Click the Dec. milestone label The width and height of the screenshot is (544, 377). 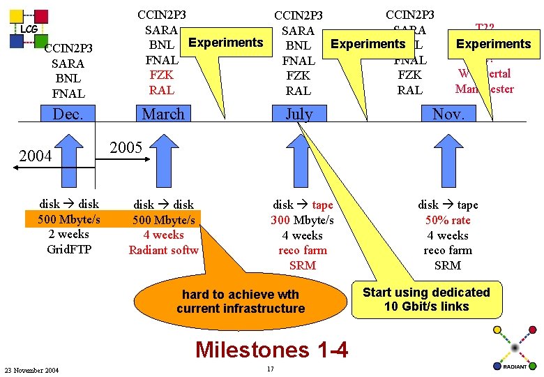pyautogui.click(x=68, y=114)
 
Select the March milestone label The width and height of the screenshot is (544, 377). pyautogui.click(x=163, y=114)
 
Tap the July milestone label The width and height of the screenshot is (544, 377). pyautogui.click(x=299, y=114)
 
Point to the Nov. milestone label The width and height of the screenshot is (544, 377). pyautogui.click(x=448, y=114)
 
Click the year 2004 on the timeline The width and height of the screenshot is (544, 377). pyautogui.click(x=35, y=155)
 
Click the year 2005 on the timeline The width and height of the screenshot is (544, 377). pyautogui.click(x=126, y=147)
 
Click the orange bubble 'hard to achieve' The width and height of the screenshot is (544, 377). pyautogui.click(x=241, y=301)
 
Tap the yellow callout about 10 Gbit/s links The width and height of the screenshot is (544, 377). pyautogui.click(x=426, y=299)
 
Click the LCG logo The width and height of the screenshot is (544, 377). pyautogui.click(x=29, y=29)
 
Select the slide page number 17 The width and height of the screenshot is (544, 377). pyautogui.click(x=270, y=369)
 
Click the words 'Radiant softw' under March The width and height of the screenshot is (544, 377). pyautogui.click(x=163, y=250)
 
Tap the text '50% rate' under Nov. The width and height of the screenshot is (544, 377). pyautogui.click(x=448, y=220)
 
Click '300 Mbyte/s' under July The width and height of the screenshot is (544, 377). pyautogui.click(x=302, y=220)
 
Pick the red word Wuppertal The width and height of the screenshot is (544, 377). pyautogui.click(x=485, y=73)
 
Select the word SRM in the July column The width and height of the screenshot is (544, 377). pyautogui.click(x=302, y=265)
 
